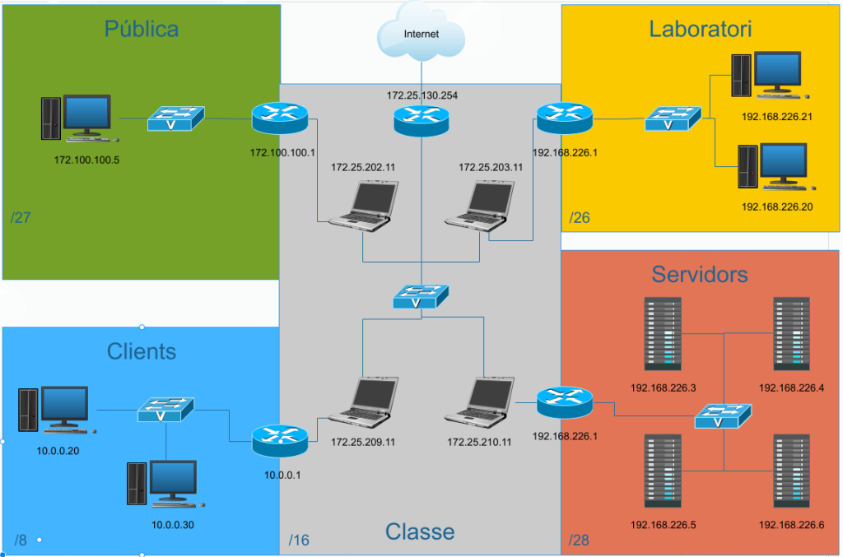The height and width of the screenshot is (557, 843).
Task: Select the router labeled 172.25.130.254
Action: tap(421, 120)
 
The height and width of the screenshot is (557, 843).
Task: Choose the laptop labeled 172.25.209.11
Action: tap(364, 403)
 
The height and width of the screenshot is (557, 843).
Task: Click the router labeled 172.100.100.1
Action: tap(279, 118)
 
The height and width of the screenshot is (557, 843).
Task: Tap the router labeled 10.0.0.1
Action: tap(279, 441)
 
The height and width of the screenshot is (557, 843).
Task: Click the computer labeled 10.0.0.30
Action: tap(164, 485)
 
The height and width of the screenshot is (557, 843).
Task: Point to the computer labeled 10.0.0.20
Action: tap(56, 410)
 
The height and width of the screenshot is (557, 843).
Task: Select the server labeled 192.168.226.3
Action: tap(664, 335)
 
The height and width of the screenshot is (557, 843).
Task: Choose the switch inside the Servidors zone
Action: tap(723, 417)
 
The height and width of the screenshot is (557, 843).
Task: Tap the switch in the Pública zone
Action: tap(176, 118)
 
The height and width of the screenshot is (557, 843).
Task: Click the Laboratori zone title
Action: tap(700, 30)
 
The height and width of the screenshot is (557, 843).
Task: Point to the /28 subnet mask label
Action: tap(580, 541)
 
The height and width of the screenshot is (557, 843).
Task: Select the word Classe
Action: tap(420, 531)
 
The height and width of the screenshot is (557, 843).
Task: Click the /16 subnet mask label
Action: tap(300, 540)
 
